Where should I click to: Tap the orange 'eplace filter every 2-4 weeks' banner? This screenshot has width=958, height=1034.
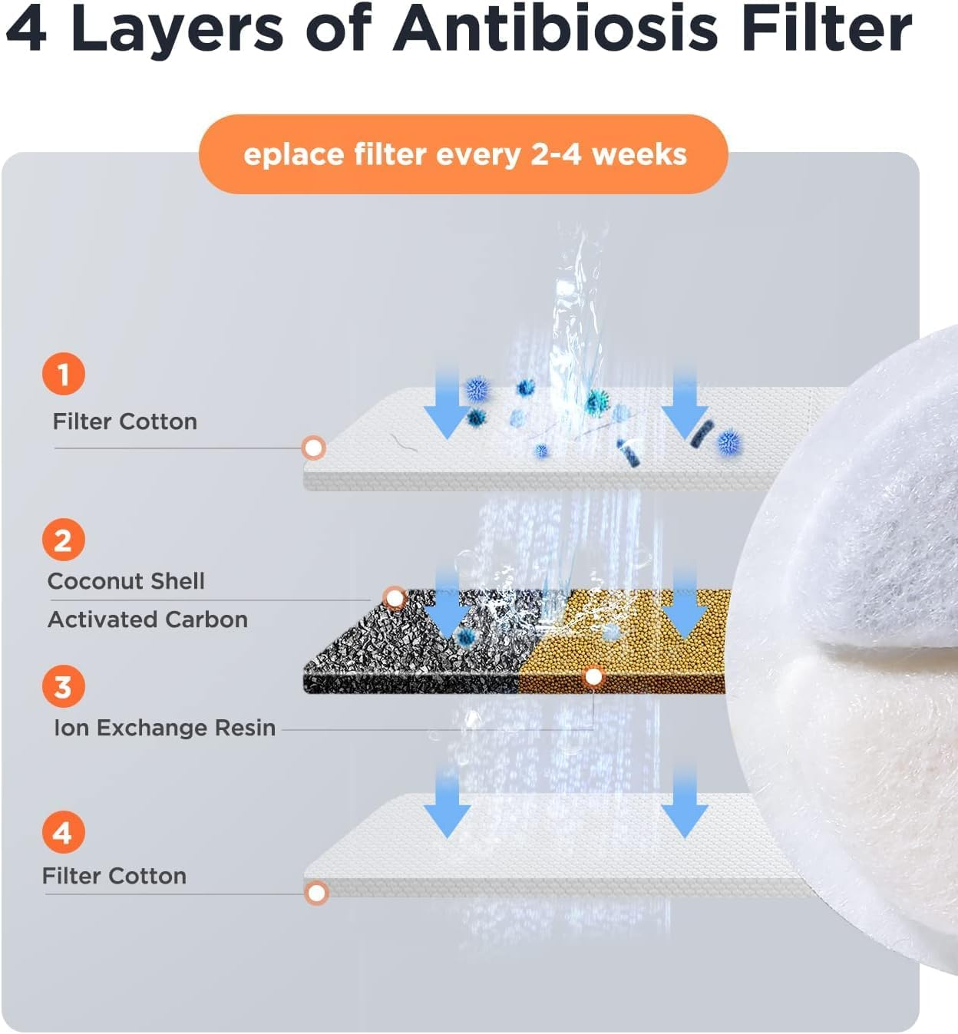point(464,154)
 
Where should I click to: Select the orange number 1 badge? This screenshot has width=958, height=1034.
point(64,373)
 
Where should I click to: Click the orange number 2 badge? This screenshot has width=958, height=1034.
point(64,540)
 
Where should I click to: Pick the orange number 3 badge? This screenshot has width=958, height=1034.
point(64,685)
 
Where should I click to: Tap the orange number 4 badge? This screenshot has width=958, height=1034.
point(64,831)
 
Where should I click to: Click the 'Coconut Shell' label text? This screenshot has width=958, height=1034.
point(126,581)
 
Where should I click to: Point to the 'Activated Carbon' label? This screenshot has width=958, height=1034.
point(148,619)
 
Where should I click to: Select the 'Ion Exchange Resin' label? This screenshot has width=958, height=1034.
point(164,728)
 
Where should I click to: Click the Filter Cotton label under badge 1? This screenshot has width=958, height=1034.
point(125,421)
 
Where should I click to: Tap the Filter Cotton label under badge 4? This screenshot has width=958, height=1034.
point(114,876)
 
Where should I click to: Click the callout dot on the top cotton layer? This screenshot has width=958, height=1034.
point(313,448)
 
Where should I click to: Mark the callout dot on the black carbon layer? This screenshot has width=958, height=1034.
point(395,598)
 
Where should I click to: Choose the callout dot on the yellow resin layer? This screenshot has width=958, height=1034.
point(593,677)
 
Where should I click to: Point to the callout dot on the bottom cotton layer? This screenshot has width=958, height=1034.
point(316,894)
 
